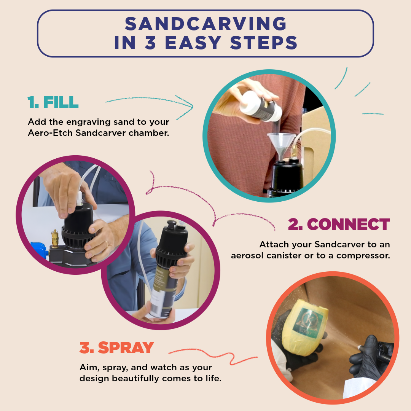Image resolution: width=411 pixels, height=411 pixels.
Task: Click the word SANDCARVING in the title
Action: coord(205,24)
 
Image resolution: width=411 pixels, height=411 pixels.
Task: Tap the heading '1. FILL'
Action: coord(53,102)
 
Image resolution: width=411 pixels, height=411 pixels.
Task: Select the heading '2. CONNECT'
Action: coord(339,225)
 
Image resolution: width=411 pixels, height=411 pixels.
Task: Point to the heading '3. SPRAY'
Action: coord(116,347)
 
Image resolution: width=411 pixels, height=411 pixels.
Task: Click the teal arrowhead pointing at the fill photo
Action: coord(189,106)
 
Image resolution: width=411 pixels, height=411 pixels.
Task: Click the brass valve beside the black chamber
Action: coord(55,238)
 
